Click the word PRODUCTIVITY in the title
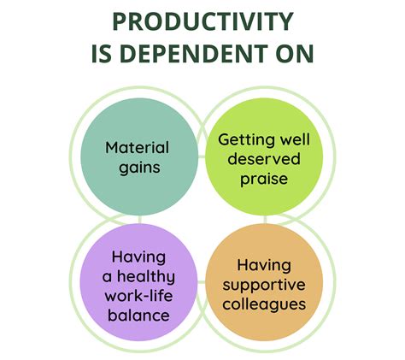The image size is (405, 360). tap(202, 21)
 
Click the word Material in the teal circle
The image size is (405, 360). tap(138, 148)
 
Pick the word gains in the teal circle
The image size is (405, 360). tap(139, 168)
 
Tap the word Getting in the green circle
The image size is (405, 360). tap(242, 140)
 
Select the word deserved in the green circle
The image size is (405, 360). tap(264, 159)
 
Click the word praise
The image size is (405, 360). tap(264, 180)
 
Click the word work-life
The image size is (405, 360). tap(138, 295)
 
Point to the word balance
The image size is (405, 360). tap(138, 316)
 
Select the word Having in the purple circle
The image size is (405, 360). tap(138, 257)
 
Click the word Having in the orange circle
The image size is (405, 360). tap(264, 265)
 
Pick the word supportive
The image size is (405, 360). tap(264, 286)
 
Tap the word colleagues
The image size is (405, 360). tap(264, 304)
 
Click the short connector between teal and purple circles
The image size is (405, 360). tap(139, 220)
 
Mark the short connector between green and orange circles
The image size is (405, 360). tap(265, 220)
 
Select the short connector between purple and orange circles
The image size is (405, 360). tap(201, 282)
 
